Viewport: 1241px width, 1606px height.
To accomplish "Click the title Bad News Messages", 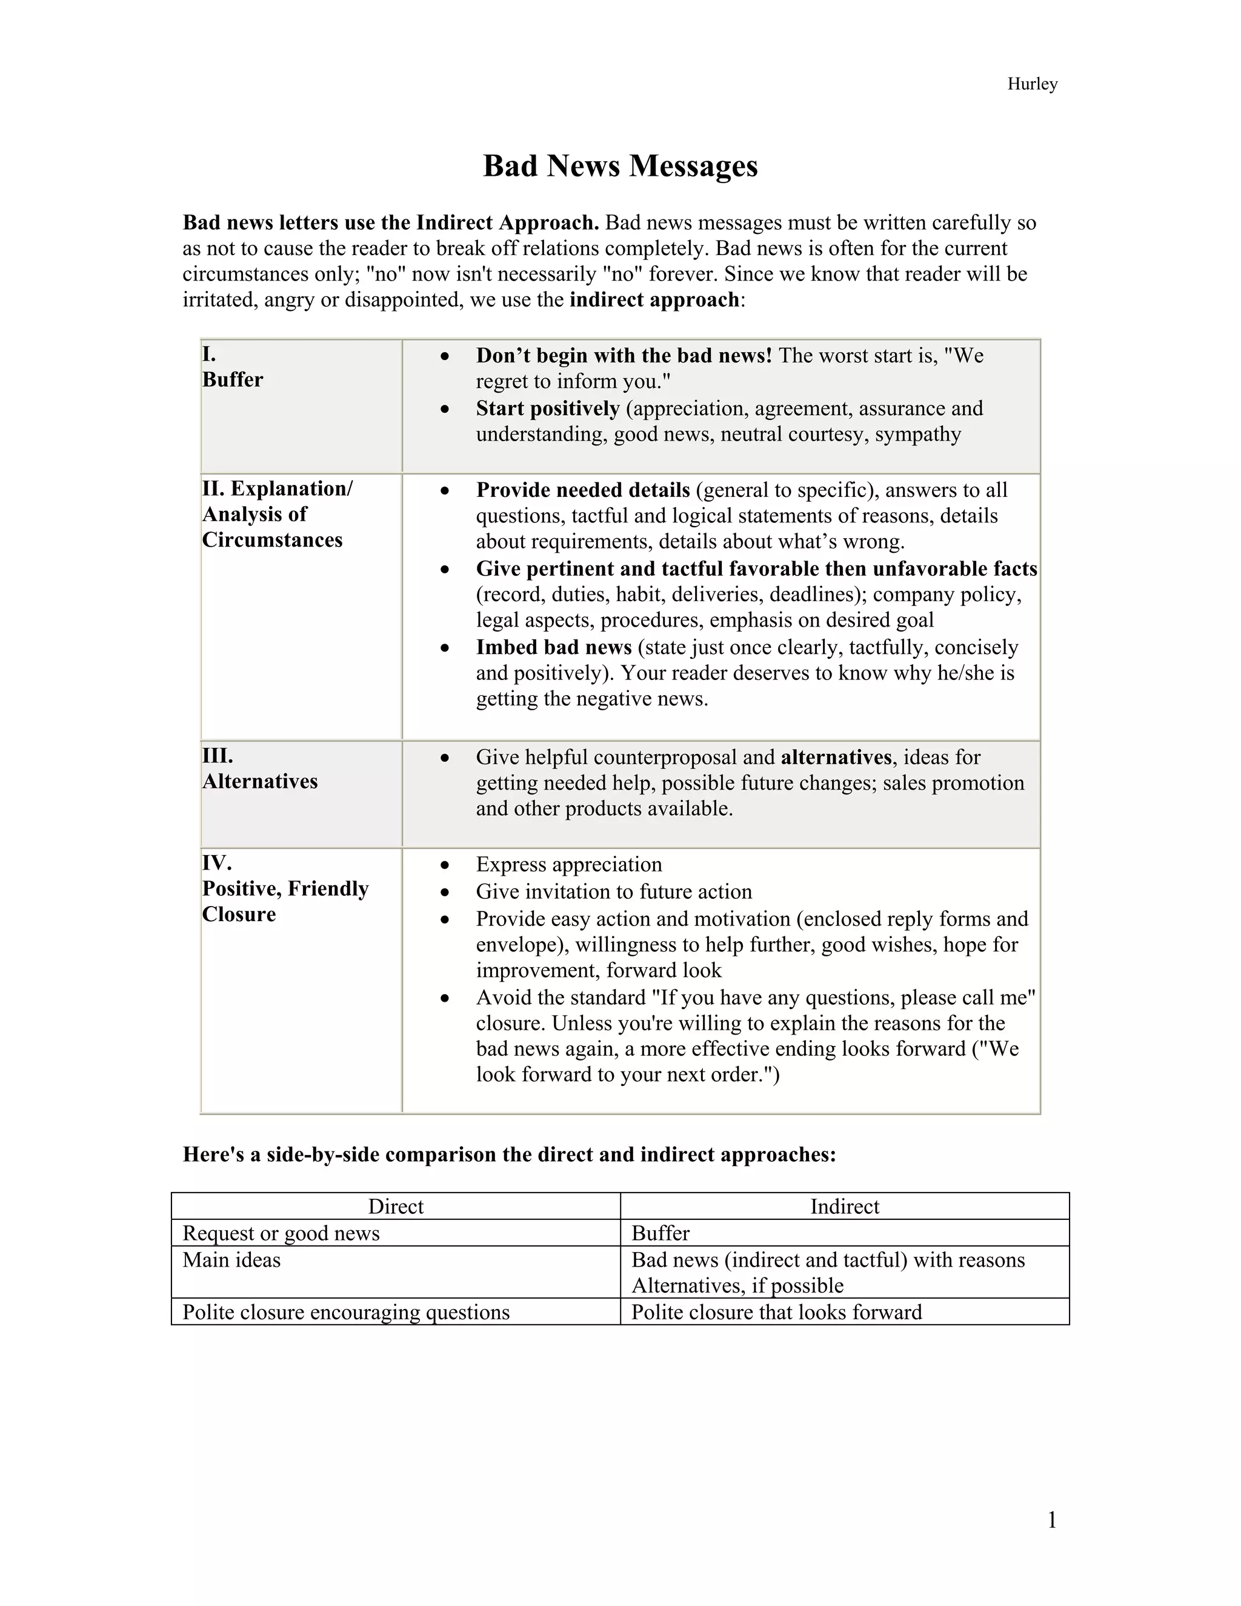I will click(x=620, y=166).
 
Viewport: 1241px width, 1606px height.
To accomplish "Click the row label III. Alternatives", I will click(x=259, y=769).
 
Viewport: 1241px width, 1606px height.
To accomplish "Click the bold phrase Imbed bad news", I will click(x=554, y=647).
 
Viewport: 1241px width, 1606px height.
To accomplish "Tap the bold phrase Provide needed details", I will click(x=583, y=490).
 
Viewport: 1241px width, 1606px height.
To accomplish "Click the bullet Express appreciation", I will click(x=568, y=864).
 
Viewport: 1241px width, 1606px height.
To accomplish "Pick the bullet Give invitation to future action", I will click(x=614, y=891).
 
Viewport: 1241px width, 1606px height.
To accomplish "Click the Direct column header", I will click(x=396, y=1206).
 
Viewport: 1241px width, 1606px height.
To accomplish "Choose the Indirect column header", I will click(x=844, y=1206).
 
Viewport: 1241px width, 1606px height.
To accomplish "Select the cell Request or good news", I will click(x=281, y=1233).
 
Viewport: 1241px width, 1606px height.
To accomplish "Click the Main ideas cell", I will click(x=231, y=1260).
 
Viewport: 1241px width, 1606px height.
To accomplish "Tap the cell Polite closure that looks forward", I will click(x=776, y=1312).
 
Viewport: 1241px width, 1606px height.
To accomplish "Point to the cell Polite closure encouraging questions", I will click(x=345, y=1312).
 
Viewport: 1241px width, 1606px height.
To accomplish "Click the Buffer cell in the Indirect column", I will click(x=660, y=1233).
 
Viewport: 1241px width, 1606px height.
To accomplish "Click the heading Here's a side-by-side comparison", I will click(x=509, y=1155).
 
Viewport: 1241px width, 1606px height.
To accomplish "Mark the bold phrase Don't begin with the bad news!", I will click(x=624, y=356).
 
